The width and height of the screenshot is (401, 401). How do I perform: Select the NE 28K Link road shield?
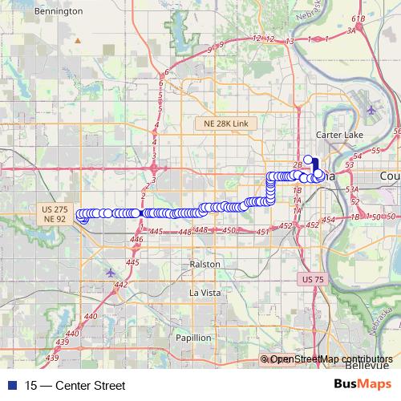(228, 123)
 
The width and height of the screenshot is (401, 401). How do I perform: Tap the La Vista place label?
(204, 293)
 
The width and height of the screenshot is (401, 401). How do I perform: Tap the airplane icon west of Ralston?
(110, 272)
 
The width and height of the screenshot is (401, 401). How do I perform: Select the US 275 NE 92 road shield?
(55, 213)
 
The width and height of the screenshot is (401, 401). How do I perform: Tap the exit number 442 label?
(121, 285)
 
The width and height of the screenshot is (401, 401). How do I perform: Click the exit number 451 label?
(261, 232)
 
